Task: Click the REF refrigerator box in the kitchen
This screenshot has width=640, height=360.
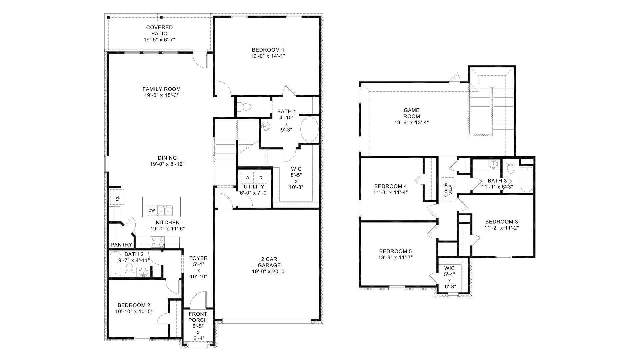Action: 117,197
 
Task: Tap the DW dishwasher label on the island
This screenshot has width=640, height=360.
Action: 151,211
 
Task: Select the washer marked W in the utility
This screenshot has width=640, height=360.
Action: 247,178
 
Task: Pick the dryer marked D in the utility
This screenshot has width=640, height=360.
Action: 261,178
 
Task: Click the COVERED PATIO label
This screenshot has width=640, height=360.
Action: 159,30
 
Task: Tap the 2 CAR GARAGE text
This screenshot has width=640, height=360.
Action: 269,262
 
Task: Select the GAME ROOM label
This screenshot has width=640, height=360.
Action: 412,113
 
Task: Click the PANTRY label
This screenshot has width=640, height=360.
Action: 122,245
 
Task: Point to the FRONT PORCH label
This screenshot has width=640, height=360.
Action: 198,317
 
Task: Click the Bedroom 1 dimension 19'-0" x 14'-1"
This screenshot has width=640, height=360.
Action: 268,56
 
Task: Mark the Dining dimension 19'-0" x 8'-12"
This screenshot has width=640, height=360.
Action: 167,164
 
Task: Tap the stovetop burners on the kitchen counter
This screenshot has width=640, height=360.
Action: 158,242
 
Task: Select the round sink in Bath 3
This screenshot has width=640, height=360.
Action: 493,164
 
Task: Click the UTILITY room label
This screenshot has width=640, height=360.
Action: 254,187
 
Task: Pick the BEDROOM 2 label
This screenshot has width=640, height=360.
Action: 134,305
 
